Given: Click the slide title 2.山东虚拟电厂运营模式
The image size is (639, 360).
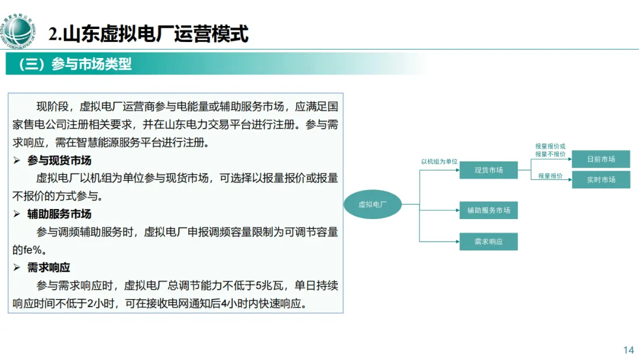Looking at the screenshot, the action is tap(149, 34).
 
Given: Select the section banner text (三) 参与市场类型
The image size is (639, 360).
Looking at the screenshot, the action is tap(75, 64).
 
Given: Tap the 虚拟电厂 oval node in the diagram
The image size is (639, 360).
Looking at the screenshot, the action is tap(373, 204).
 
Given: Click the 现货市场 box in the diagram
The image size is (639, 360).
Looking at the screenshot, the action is tap(488, 171).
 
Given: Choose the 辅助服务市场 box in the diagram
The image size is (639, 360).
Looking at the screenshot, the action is tap(488, 210).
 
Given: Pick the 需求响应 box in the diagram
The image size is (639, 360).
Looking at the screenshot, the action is tap(488, 242).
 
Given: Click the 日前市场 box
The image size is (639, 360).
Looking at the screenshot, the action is tap(601, 159).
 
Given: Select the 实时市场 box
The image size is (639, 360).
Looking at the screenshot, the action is tap(601, 180).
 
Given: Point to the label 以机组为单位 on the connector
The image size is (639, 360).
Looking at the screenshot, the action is tap(439, 162).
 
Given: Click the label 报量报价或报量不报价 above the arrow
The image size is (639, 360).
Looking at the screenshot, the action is tap(550, 150).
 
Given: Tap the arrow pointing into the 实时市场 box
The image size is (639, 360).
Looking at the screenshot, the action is tap(567, 180).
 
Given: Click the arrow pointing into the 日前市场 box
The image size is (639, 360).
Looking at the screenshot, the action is tap(567, 159).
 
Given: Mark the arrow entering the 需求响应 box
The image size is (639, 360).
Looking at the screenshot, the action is tap(456, 242).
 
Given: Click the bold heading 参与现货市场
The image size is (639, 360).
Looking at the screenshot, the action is tap(59, 161).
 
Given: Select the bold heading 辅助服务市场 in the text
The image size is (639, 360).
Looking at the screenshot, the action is tap(59, 214).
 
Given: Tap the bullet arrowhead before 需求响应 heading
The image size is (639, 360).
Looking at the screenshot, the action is tap(17, 268).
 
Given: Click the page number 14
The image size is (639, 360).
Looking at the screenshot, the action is tap(628, 350).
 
